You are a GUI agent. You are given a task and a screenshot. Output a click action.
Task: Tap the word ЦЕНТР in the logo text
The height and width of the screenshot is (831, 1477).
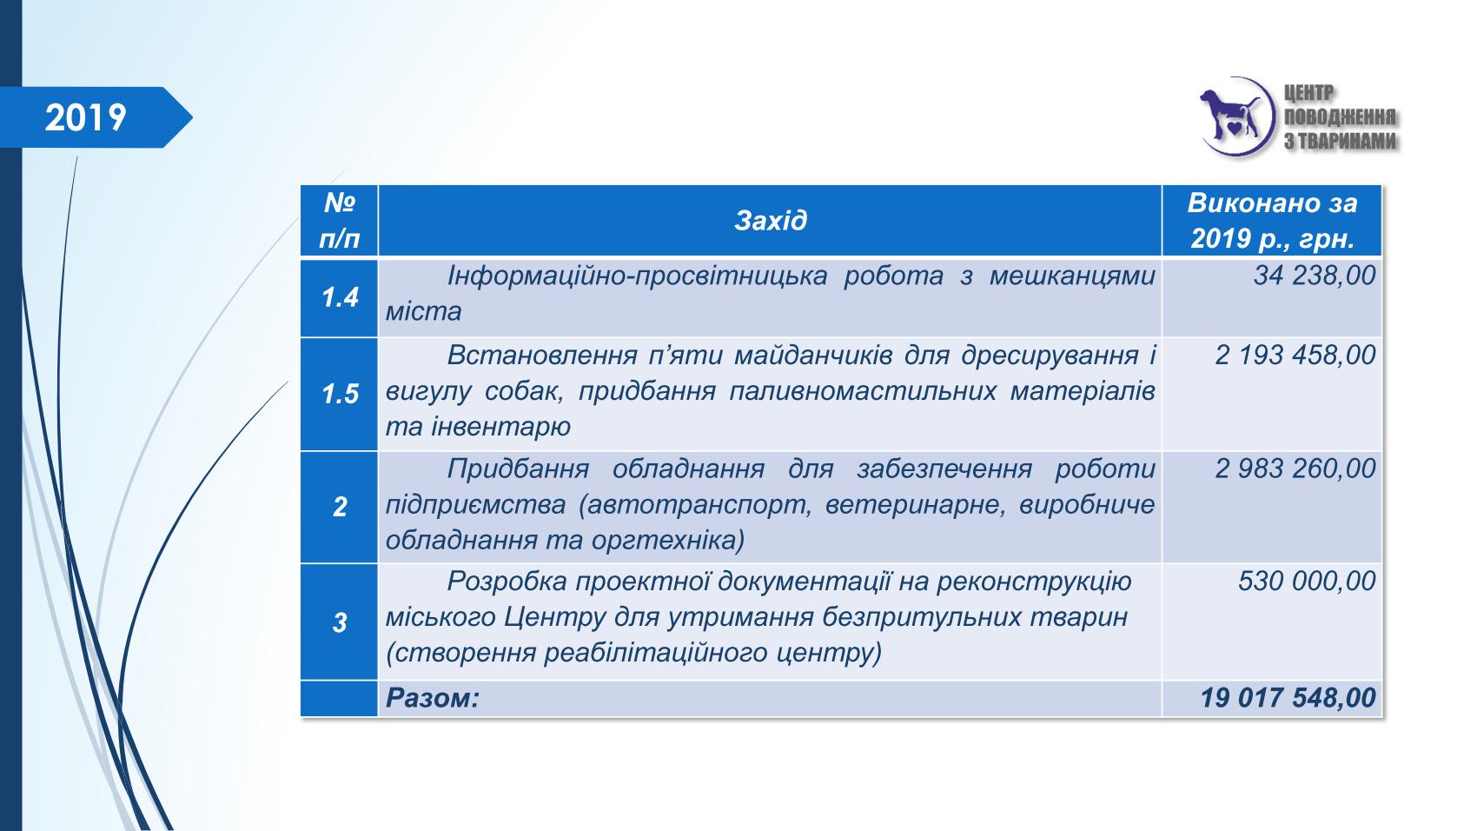click(x=1308, y=94)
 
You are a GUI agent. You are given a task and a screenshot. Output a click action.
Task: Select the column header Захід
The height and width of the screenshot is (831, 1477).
click(x=770, y=220)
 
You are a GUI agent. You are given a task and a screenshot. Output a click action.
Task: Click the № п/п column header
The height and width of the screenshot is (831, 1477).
click(x=339, y=220)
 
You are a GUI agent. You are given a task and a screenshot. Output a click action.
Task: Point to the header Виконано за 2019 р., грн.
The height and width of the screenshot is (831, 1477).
click(x=1272, y=220)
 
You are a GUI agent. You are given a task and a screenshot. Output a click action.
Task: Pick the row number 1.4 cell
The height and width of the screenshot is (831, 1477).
click(x=340, y=297)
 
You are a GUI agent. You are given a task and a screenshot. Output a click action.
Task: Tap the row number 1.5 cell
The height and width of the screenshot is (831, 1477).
click(x=340, y=394)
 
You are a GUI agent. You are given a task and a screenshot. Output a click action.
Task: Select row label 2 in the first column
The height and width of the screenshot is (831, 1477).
click(x=340, y=507)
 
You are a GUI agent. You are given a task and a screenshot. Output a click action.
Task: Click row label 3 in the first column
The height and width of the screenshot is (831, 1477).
click(x=340, y=622)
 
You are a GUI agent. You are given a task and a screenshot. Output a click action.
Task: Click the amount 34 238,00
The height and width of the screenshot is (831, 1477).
click(x=1315, y=276)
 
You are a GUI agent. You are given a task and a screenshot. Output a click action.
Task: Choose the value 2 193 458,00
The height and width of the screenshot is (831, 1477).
click(x=1295, y=356)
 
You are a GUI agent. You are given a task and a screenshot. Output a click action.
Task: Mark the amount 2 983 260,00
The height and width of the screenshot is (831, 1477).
click(x=1295, y=469)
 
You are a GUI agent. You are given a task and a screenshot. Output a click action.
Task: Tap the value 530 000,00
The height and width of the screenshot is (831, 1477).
click(x=1306, y=581)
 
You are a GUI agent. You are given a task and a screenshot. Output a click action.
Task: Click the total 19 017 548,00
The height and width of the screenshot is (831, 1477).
click(x=1288, y=698)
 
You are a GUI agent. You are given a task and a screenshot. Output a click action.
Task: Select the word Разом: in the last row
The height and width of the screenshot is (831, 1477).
click(x=433, y=698)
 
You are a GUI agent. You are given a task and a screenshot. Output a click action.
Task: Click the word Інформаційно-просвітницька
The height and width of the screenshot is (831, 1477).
click(x=637, y=276)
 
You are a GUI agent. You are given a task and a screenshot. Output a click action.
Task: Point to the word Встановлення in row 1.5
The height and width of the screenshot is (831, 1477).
click(x=542, y=356)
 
